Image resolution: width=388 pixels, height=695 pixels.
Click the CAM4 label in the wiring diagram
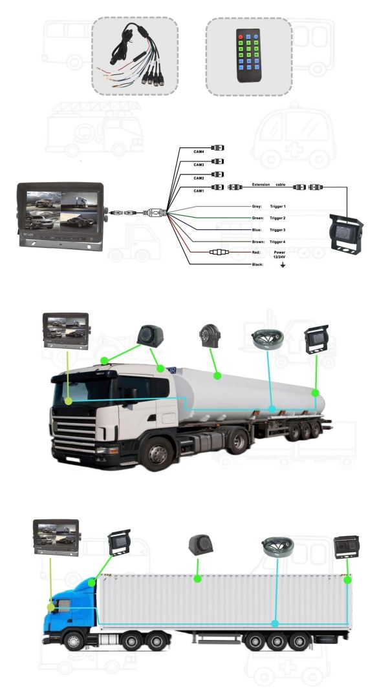pos(199,152)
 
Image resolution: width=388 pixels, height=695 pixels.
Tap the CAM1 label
pos(199,191)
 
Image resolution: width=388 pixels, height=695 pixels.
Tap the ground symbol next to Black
pos(282,265)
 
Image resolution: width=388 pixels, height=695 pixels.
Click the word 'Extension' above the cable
pos(261,185)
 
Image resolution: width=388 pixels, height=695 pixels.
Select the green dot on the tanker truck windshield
pos(68,400)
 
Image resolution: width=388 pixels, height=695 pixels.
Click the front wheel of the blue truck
pos(74,641)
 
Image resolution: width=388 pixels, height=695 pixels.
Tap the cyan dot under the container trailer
pos(275,624)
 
